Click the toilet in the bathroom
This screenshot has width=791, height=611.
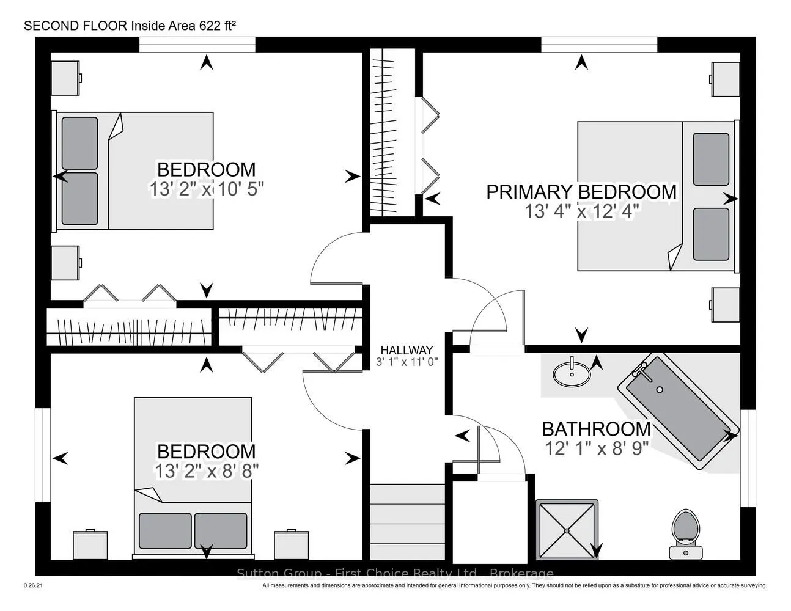tap(686, 534)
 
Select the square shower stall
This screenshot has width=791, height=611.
tap(567, 530)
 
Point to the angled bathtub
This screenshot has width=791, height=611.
tap(679, 411)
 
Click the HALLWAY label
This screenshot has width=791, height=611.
tap(407, 350)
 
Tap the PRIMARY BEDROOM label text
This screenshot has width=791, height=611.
tap(581, 192)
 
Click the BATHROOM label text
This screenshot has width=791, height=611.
tap(596, 429)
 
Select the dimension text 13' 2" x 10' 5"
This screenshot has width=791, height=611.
tap(207, 189)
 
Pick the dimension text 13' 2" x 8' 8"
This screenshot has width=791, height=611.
tap(207, 471)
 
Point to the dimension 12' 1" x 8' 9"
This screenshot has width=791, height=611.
tap(597, 448)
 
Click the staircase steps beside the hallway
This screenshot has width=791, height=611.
tap(408, 522)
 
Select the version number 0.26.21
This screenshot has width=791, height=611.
tap(33, 585)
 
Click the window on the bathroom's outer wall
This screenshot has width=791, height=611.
tap(748, 458)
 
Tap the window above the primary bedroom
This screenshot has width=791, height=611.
tap(599, 45)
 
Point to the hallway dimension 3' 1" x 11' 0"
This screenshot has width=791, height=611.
tap(407, 362)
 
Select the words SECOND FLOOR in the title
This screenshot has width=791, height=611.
tap(76, 26)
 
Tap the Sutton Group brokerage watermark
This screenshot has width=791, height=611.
tap(395, 573)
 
